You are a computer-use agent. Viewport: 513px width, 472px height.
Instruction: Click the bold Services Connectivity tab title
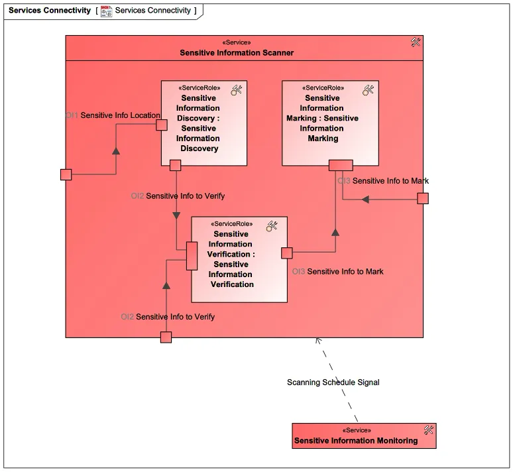pos(50,11)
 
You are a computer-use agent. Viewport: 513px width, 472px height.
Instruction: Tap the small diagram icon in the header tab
pos(107,11)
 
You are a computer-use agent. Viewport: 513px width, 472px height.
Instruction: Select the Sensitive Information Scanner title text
pos(237,52)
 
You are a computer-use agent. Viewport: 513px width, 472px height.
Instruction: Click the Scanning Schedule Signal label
pos(333,383)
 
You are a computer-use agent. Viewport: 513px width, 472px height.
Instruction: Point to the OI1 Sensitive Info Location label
pos(113,115)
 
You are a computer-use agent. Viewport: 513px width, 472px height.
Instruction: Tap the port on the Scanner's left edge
pos(66,174)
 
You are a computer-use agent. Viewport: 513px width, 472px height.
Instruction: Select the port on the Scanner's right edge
pos(422,198)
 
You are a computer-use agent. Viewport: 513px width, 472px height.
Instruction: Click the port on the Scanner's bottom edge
pos(166,337)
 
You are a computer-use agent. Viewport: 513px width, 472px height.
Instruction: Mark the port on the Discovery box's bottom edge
pos(176,165)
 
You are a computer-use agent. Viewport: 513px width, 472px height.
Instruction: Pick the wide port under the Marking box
pos(341,165)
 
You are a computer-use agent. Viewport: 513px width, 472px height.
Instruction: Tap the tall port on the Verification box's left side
pos(192,256)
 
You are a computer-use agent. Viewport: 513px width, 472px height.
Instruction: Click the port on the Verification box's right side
pos(287,253)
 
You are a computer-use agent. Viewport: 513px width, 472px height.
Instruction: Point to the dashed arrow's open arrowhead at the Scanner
pos(318,341)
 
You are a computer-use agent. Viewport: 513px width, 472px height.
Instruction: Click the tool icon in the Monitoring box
pos(428,430)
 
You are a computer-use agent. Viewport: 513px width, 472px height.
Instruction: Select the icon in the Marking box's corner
pos(369,90)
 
